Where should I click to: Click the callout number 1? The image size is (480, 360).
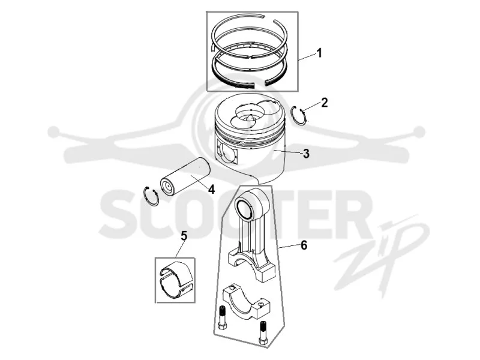(319, 53)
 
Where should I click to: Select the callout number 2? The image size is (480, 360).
(324, 103)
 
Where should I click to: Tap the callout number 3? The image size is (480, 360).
(306, 154)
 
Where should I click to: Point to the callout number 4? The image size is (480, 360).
(211, 189)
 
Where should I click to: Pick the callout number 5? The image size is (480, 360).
(184, 236)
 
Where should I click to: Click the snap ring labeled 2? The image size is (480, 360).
(299, 116)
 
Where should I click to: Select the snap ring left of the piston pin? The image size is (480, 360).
(151, 196)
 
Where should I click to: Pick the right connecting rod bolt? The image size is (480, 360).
(263, 332)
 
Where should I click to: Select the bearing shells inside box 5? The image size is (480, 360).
(175, 280)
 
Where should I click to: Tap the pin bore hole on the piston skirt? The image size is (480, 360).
(228, 152)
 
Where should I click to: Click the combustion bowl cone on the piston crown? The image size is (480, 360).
(250, 118)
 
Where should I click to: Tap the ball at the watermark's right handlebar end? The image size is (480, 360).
(419, 131)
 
